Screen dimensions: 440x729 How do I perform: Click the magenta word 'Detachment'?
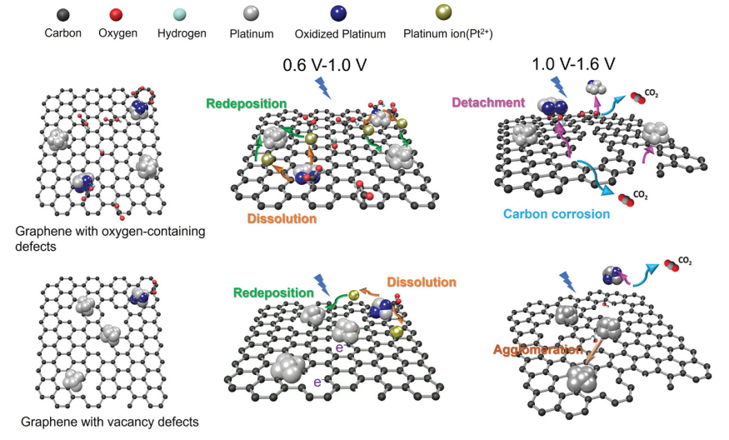[x=487, y=102]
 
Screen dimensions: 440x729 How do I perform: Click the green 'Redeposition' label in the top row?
[x=247, y=102]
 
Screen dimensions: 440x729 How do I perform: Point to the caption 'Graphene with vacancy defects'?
[x=109, y=422]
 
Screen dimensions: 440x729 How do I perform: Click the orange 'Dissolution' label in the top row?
[x=282, y=219]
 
